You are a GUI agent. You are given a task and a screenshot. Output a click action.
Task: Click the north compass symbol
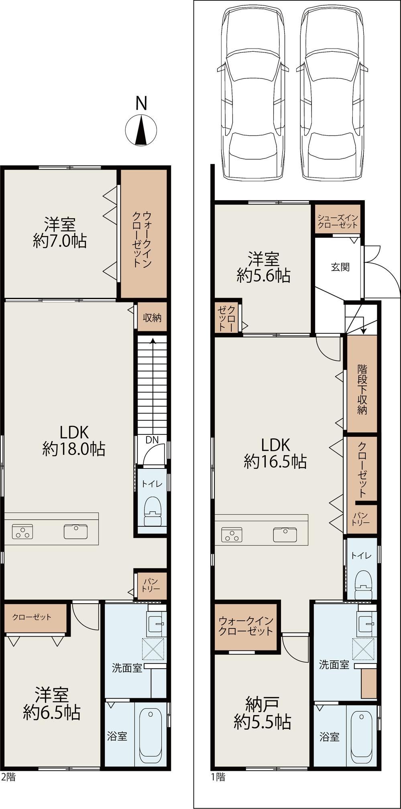pyautogui.click(x=141, y=130)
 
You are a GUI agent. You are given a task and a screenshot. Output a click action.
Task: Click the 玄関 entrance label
pyautogui.click(x=340, y=267)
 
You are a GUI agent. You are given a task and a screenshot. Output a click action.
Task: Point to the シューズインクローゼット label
pyautogui.click(x=337, y=221)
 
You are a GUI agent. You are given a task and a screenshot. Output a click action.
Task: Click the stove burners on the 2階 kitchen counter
pyautogui.click(x=22, y=531)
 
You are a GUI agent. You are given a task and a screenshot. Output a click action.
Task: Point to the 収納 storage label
pyautogui.click(x=152, y=318)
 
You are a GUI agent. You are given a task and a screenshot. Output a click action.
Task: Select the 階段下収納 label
pyautogui.click(x=362, y=389)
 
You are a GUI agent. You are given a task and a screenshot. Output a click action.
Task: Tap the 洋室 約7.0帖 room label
pyautogui.click(x=60, y=233)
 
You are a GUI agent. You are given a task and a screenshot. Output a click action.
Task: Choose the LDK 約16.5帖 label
pyautogui.click(x=275, y=453)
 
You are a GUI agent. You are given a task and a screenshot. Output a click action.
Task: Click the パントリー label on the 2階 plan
pyautogui.click(x=151, y=585)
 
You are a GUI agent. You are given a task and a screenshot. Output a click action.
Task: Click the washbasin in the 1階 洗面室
pyautogui.click(x=365, y=623)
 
